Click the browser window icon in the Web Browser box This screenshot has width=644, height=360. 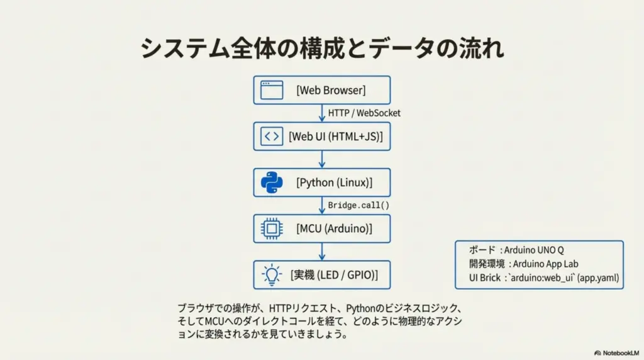point(272,90)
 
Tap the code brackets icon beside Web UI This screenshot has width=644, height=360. point(272,136)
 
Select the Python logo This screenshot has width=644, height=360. point(272,183)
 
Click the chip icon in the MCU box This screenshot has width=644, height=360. point(272,228)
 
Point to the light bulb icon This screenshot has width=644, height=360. point(272,274)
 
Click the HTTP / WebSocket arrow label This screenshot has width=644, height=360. point(364,113)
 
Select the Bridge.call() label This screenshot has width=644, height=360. point(358,205)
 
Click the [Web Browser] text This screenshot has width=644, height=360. point(331,90)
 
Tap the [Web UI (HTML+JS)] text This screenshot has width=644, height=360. point(336,136)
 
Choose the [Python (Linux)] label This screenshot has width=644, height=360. point(335,183)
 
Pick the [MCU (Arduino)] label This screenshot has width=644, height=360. point(335,228)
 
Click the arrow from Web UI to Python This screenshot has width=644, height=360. point(322,159)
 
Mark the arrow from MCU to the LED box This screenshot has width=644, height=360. point(322,252)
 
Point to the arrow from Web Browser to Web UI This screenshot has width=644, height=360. point(322,113)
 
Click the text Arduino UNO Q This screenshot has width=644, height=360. point(533,250)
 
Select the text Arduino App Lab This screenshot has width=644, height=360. point(545,264)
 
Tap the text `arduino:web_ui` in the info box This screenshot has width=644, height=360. point(541,278)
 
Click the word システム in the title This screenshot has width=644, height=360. point(185,48)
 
